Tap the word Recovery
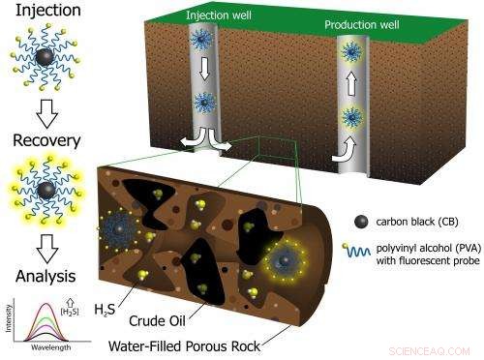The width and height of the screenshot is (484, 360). coord(39,141)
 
